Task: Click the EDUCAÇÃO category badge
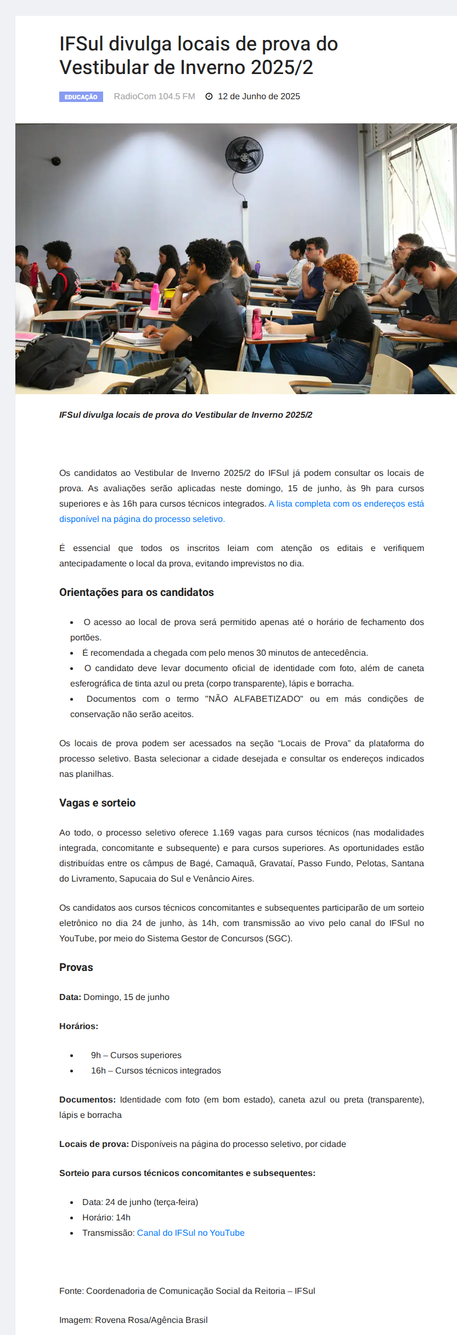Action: pyautogui.click(x=81, y=97)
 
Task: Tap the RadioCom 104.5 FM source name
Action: pyautogui.click(x=154, y=96)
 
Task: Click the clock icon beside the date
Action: pyautogui.click(x=209, y=96)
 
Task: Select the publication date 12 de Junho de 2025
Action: pyautogui.click(x=259, y=96)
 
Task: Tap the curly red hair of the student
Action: pyautogui.click(x=341, y=266)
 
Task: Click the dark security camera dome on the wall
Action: pyautogui.click(x=56, y=161)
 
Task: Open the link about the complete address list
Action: pyautogui.click(x=346, y=504)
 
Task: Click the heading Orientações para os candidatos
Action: pyautogui.click(x=137, y=592)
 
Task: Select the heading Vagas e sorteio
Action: pyautogui.click(x=97, y=803)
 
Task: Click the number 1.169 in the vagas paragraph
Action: pyautogui.click(x=223, y=832)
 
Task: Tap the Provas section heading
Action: pyautogui.click(x=76, y=967)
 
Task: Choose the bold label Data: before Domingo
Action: pyautogui.click(x=70, y=997)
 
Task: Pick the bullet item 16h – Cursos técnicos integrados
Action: pyautogui.click(x=156, y=1070)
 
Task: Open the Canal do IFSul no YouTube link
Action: pyautogui.click(x=191, y=1232)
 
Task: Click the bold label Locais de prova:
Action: pyautogui.click(x=94, y=1144)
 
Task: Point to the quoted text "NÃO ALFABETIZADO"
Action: pyautogui.click(x=254, y=698)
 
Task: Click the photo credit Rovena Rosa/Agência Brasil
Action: pyautogui.click(x=151, y=1320)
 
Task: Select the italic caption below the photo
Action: pyautogui.click(x=185, y=415)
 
